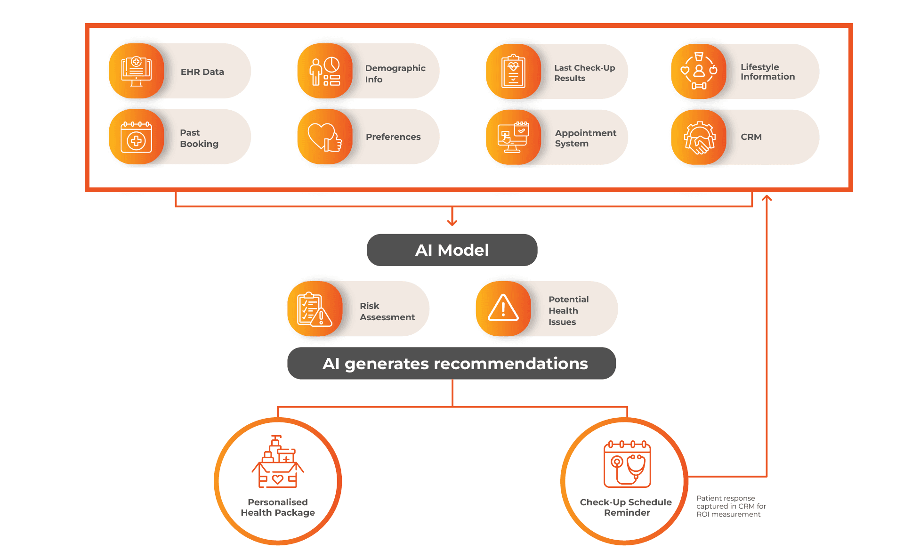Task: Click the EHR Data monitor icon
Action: pyautogui.click(x=137, y=71)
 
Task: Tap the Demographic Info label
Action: pyautogui.click(x=395, y=73)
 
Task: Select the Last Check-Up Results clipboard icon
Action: pyautogui.click(x=513, y=71)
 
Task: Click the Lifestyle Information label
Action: pyautogui.click(x=767, y=72)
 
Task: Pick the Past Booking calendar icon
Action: pyautogui.click(x=137, y=137)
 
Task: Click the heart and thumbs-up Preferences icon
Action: pyautogui.click(x=325, y=137)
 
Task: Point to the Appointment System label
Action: pyautogui.click(x=585, y=138)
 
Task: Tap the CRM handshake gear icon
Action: pyautogui.click(x=699, y=138)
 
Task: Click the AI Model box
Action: pyautogui.click(x=452, y=250)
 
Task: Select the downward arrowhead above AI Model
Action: pyautogui.click(x=452, y=222)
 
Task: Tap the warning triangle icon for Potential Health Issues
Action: pyautogui.click(x=503, y=308)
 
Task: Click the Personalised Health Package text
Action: pyautogui.click(x=278, y=507)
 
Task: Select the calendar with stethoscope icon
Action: pyautogui.click(x=627, y=464)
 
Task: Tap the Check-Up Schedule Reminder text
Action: pyautogui.click(x=626, y=507)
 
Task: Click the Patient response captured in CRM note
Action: pyautogui.click(x=730, y=506)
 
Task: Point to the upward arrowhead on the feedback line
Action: pyautogui.click(x=767, y=198)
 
